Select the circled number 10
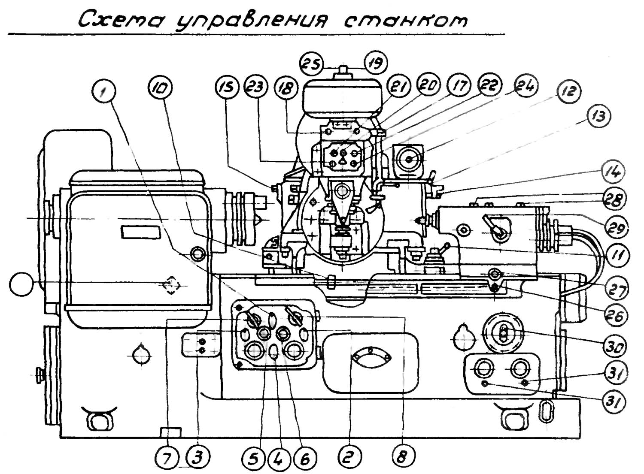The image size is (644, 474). tap(161, 89)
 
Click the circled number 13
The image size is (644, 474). tap(598, 116)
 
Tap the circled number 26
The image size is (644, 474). tap(615, 316)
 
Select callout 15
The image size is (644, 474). tap(227, 89)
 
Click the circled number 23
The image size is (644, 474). tap(256, 89)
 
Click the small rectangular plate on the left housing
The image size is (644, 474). tap(141, 232)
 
